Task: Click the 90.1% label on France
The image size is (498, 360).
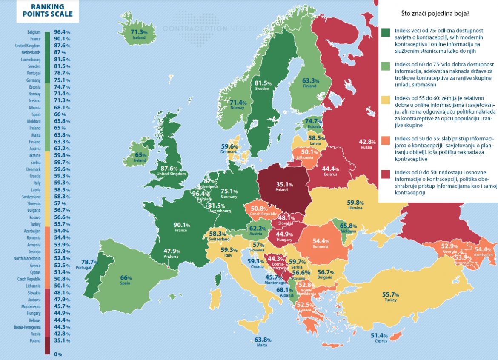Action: (180, 225)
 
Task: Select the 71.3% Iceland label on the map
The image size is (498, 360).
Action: (139, 32)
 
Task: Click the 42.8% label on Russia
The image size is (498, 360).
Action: (367, 142)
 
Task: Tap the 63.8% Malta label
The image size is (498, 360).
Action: (263, 340)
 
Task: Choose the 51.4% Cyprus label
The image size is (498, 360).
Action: (379, 335)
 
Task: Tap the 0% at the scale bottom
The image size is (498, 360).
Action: (58, 354)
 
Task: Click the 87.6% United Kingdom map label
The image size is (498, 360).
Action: (172, 169)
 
